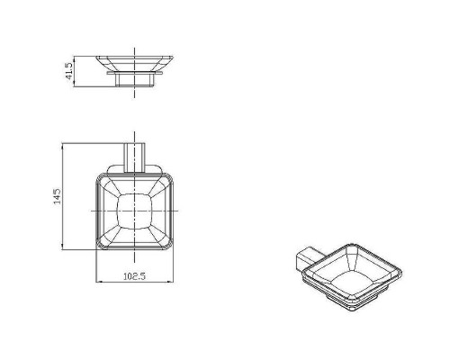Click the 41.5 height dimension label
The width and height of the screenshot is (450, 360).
coord(69,71)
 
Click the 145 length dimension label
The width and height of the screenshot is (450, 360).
coord(57,196)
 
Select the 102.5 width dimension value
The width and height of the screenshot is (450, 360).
coord(134,276)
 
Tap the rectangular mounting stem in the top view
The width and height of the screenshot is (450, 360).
coord(135,157)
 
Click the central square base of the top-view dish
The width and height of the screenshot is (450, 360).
coord(135,211)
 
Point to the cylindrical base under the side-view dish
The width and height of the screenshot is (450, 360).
coord(135,80)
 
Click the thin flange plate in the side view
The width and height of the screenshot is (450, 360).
coord(135,73)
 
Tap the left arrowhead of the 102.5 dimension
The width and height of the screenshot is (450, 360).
coord(98,282)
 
